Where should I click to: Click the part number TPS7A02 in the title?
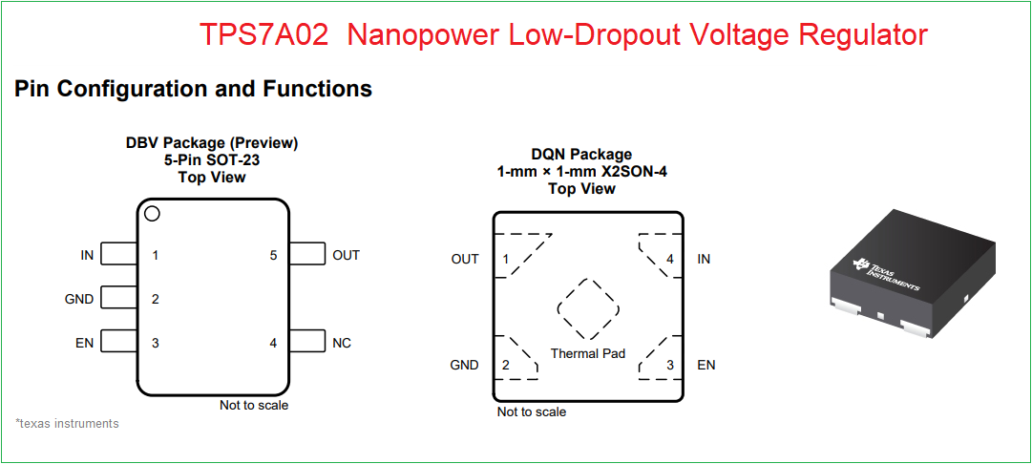click(263, 35)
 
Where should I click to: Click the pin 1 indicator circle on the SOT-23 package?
click(152, 214)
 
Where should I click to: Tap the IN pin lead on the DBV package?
click(119, 254)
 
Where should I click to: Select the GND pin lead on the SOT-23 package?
click(119, 298)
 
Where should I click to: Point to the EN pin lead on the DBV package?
click(119, 342)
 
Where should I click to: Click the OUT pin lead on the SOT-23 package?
click(307, 254)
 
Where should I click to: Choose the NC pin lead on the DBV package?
click(307, 342)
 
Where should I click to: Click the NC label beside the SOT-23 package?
click(342, 343)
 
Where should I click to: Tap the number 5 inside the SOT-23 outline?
click(273, 255)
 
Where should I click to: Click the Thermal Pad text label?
click(588, 353)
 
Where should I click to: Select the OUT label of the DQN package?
click(465, 260)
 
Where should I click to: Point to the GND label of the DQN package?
click(464, 365)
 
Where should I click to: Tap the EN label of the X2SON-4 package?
click(706, 365)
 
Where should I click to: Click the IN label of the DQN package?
click(704, 260)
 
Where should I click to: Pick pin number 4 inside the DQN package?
click(670, 260)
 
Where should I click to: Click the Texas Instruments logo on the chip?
click(886, 272)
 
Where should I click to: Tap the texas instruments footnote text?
click(67, 423)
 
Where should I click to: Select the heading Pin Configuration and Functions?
click(194, 88)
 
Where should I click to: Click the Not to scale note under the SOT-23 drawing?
click(254, 406)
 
